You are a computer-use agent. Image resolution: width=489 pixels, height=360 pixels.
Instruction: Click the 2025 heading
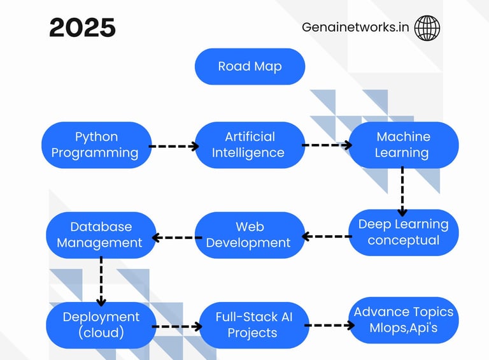83,28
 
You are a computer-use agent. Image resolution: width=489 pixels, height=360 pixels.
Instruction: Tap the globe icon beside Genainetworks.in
427,28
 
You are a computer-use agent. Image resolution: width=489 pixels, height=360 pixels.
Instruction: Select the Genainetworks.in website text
355,28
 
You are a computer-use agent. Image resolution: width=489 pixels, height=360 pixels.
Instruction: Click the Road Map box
250,66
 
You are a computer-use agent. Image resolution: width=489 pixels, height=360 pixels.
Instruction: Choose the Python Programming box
97,145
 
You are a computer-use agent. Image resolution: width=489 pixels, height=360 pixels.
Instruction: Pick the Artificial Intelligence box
250,145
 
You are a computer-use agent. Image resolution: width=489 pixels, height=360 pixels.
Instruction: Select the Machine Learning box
403,145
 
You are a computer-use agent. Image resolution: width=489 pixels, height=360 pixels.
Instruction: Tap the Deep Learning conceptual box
403,232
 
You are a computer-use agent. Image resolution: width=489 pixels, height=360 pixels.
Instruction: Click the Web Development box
249,234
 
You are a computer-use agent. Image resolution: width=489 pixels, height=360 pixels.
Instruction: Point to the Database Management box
101,234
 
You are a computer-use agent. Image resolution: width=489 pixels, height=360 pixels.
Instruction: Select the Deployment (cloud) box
101,324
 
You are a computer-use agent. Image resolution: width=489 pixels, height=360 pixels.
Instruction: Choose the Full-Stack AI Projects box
253,325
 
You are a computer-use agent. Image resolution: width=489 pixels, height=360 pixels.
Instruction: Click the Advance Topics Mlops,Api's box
404,320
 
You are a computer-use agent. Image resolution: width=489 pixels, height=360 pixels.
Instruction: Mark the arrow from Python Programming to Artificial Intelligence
174,146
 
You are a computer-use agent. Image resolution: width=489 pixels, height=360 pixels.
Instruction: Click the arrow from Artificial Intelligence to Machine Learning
327,145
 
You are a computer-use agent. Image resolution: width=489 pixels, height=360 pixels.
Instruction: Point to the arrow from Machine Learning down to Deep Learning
402,191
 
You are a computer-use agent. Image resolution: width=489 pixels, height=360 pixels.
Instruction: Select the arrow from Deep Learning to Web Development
326,236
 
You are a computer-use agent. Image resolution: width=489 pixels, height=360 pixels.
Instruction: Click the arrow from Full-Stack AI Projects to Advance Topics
329,325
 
